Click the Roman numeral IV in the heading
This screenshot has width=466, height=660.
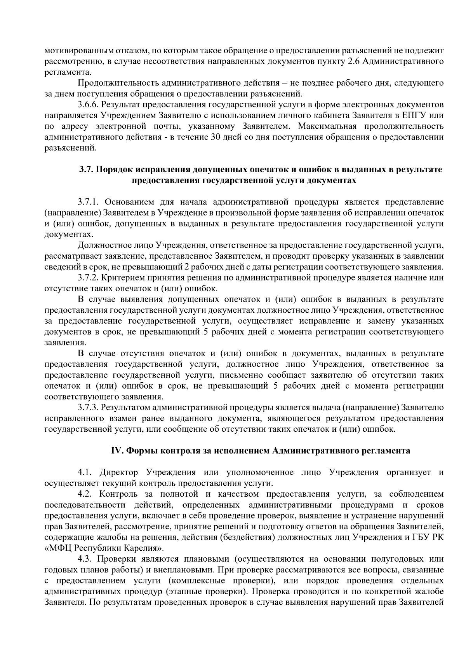click(117, 451)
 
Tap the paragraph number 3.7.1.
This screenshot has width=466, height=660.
click(89, 202)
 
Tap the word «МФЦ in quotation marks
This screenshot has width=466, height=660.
click(58, 549)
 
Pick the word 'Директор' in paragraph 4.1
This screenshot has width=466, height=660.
click(118, 473)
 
